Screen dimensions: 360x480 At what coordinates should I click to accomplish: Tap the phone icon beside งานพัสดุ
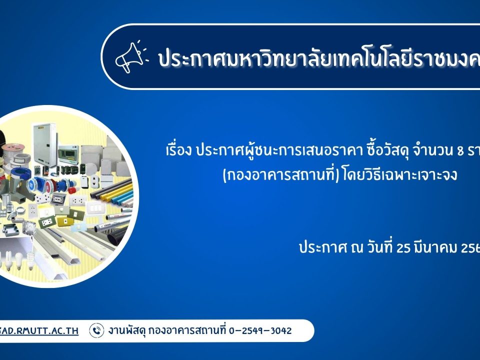[x=96, y=330]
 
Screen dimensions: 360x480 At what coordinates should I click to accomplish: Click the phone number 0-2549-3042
[x=260, y=330]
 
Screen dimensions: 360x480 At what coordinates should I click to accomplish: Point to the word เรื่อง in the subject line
[x=178, y=150]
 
